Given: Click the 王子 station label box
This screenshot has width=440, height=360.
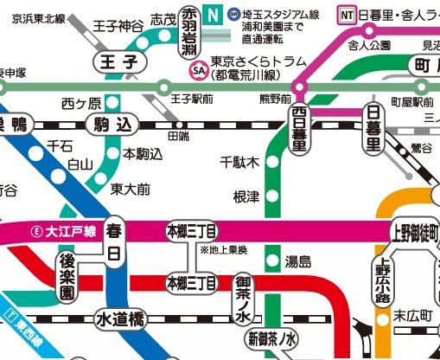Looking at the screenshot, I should click(x=119, y=62).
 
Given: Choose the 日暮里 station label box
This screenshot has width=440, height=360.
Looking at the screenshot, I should click(x=373, y=128).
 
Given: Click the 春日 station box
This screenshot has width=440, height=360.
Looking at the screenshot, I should click(x=113, y=243).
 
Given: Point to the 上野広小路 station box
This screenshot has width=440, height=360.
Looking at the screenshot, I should click(x=383, y=285).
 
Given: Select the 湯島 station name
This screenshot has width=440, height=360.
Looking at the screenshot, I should click(x=298, y=260).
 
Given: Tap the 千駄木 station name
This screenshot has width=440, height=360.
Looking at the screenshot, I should click(x=239, y=162).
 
